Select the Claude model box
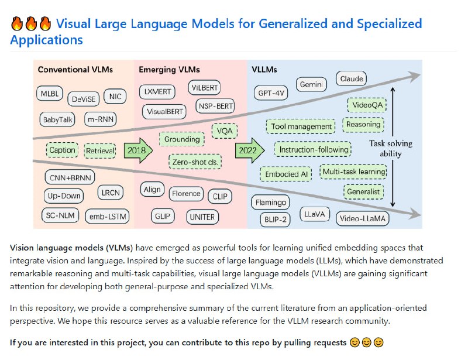(x=351, y=78)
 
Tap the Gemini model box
(x=311, y=85)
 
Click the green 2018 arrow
(x=139, y=150)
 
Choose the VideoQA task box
(x=366, y=105)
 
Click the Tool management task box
(x=301, y=126)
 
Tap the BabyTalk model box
(x=57, y=119)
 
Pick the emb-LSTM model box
(x=107, y=217)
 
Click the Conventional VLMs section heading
(x=75, y=70)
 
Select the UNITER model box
(x=202, y=217)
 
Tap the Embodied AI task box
(x=286, y=174)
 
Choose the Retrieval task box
(x=100, y=150)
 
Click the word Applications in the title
(x=46, y=40)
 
